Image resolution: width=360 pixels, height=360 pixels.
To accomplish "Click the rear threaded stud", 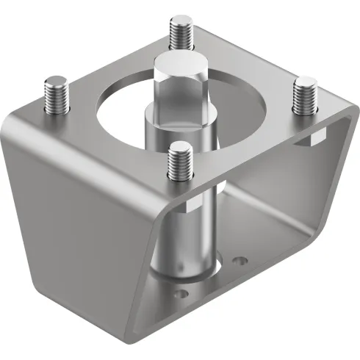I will [x=181, y=33].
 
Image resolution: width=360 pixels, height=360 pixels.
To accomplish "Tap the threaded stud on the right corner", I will [x=303, y=96].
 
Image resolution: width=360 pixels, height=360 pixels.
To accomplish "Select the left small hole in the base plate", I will [x=179, y=294].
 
